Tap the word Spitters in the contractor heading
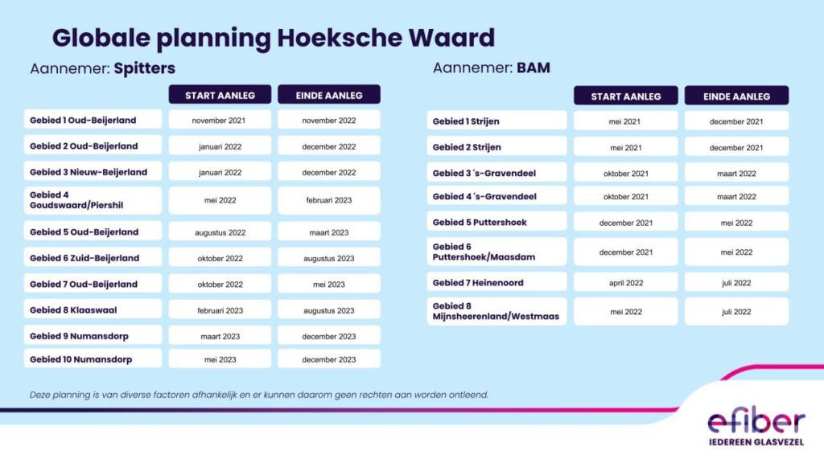pos(145,69)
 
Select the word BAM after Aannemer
pos(534,68)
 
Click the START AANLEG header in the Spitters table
pos(220,95)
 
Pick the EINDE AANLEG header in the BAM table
pos(736,96)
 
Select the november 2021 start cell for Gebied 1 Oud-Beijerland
pos(220,121)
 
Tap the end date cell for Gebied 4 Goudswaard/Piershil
pos(329,200)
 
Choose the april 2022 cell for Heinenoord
pos(626,282)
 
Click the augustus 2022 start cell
pos(220,232)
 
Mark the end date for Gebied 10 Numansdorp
pos(329,359)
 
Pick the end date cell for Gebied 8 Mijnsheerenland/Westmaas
pos(736,311)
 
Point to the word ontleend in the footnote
pos(468,395)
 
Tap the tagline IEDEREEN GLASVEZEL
pos(756,442)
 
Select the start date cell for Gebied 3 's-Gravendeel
pos(626,174)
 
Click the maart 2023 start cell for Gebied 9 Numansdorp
pos(220,336)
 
